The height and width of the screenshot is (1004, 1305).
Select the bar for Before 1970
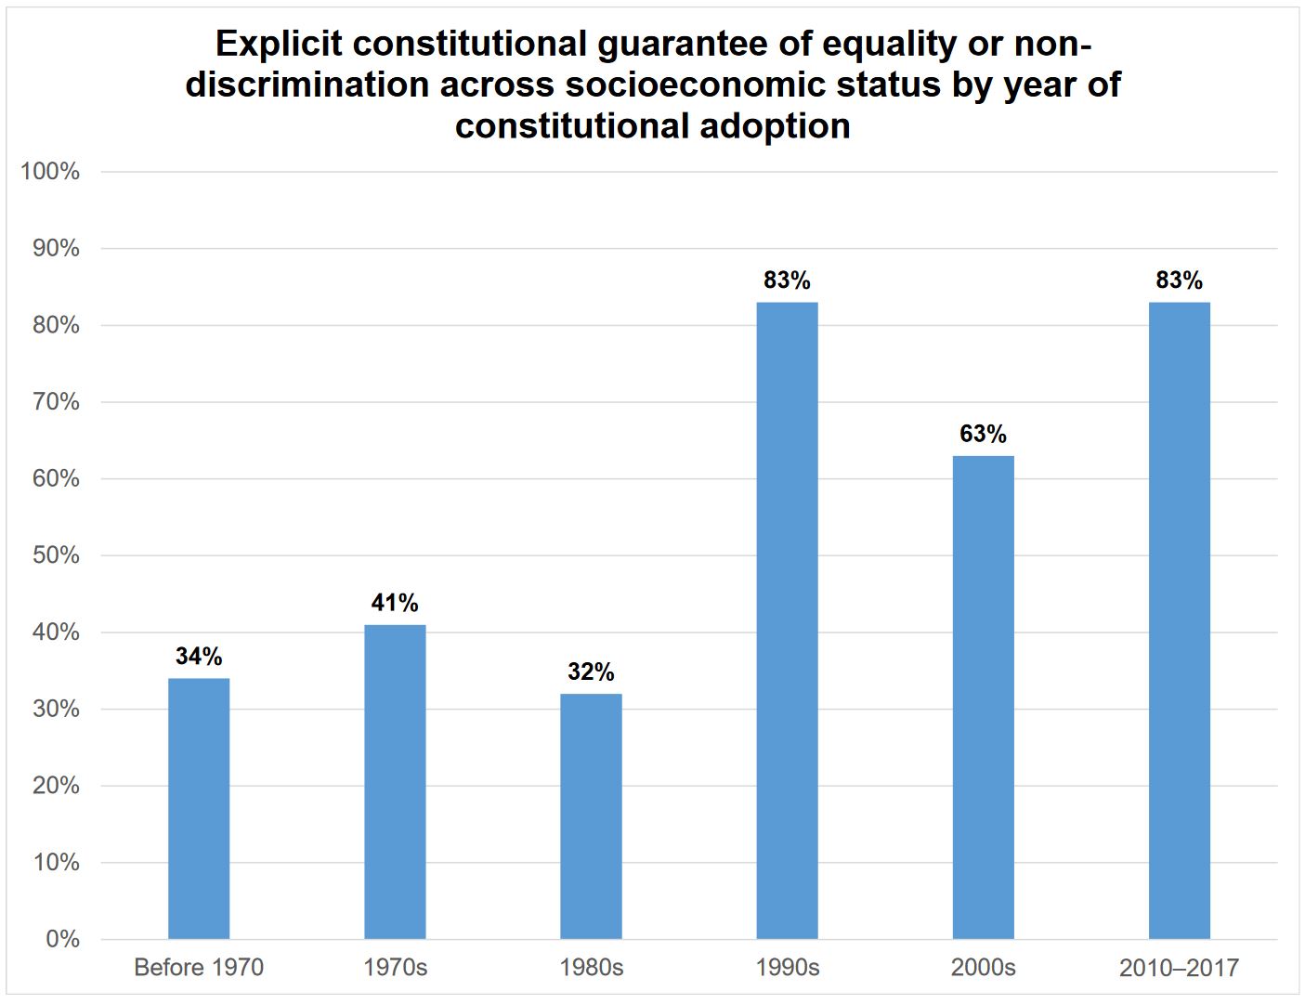pyautogui.click(x=199, y=808)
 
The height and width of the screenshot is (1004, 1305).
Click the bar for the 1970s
pyautogui.click(x=395, y=781)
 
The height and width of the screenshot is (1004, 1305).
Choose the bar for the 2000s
pyautogui.click(x=983, y=697)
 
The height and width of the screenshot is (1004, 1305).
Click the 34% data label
pyautogui.click(x=199, y=657)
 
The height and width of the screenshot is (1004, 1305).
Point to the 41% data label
pyautogui.click(x=395, y=603)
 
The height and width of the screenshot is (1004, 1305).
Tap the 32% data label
pyautogui.click(x=591, y=672)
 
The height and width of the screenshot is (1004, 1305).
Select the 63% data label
pyautogui.click(x=983, y=434)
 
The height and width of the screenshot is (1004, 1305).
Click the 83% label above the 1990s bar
pyautogui.click(x=787, y=280)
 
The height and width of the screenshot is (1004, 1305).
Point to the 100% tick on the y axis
pyautogui.click(x=50, y=172)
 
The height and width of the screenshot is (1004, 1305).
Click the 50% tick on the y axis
pyautogui.click(x=55, y=555)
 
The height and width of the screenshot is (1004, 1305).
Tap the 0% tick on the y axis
pyautogui.click(x=62, y=939)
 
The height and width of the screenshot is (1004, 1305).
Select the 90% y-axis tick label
pyautogui.click(x=55, y=248)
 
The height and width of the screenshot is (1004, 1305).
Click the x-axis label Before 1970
pyautogui.click(x=199, y=968)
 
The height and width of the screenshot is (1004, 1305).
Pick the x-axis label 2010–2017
pyautogui.click(x=1179, y=968)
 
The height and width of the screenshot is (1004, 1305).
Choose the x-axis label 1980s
pyautogui.click(x=591, y=968)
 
